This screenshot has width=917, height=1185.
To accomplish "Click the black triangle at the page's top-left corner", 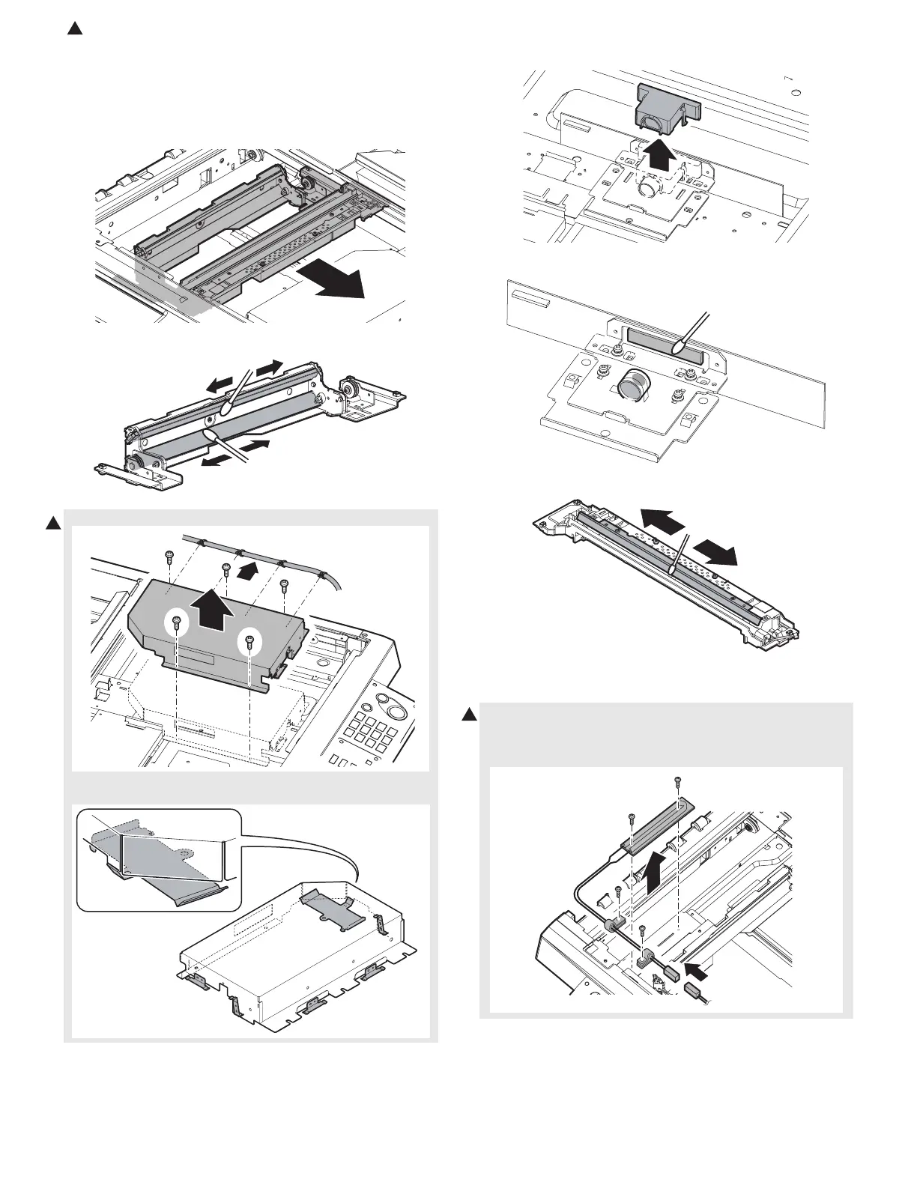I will click(x=73, y=29).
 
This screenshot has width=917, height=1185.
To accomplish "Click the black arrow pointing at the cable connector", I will click(x=696, y=972).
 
